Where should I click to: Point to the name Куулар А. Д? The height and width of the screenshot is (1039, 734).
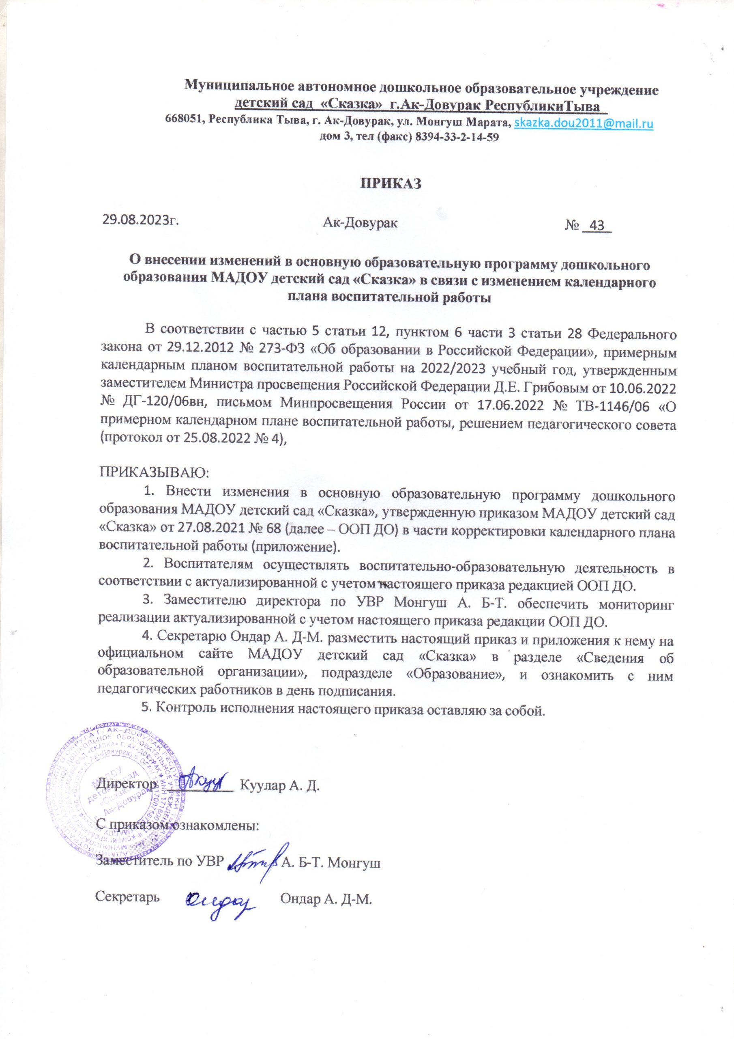click(279, 785)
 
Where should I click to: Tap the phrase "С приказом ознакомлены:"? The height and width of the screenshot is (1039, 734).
click(178, 827)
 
